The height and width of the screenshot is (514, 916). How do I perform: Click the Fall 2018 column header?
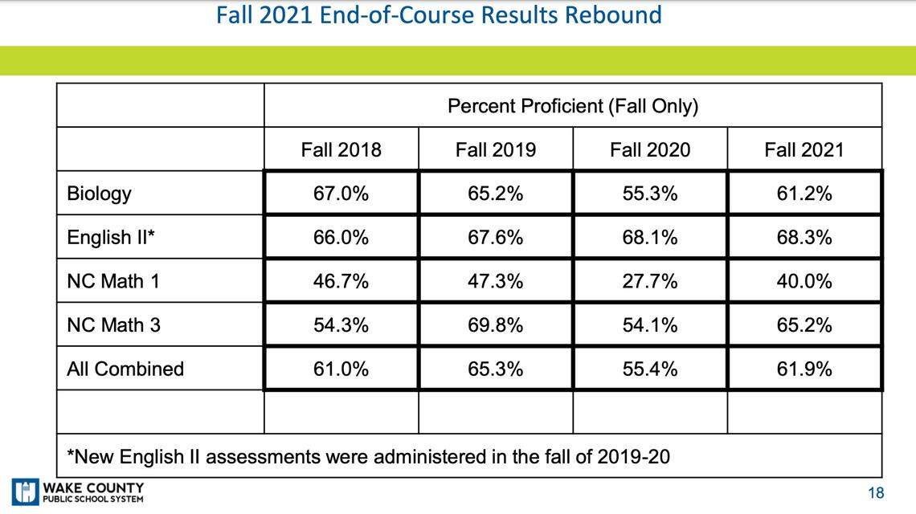[x=341, y=149]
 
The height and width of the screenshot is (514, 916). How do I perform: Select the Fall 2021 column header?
[x=804, y=149]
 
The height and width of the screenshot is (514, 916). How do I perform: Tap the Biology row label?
[x=100, y=194]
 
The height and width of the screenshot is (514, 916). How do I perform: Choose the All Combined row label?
[x=125, y=369]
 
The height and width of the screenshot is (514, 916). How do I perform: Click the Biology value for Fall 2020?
[x=649, y=194]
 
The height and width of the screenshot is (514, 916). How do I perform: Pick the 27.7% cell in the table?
[x=649, y=281]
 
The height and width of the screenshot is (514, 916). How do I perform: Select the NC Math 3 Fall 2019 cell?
[x=495, y=325]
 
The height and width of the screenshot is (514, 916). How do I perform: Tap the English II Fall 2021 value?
[x=804, y=238]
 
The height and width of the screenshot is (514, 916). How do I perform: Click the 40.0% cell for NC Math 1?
[x=804, y=281]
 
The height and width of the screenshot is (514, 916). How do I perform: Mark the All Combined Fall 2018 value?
[x=341, y=369]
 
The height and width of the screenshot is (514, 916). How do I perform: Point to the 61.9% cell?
[x=804, y=369]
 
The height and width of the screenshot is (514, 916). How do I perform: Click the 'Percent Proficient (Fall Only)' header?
[x=572, y=106]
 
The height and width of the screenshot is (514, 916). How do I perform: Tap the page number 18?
[x=875, y=492]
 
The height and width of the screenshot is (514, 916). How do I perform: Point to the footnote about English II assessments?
[x=368, y=457]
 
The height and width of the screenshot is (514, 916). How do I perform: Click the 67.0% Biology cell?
[x=341, y=194]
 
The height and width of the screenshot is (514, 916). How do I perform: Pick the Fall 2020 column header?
[x=649, y=149]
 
